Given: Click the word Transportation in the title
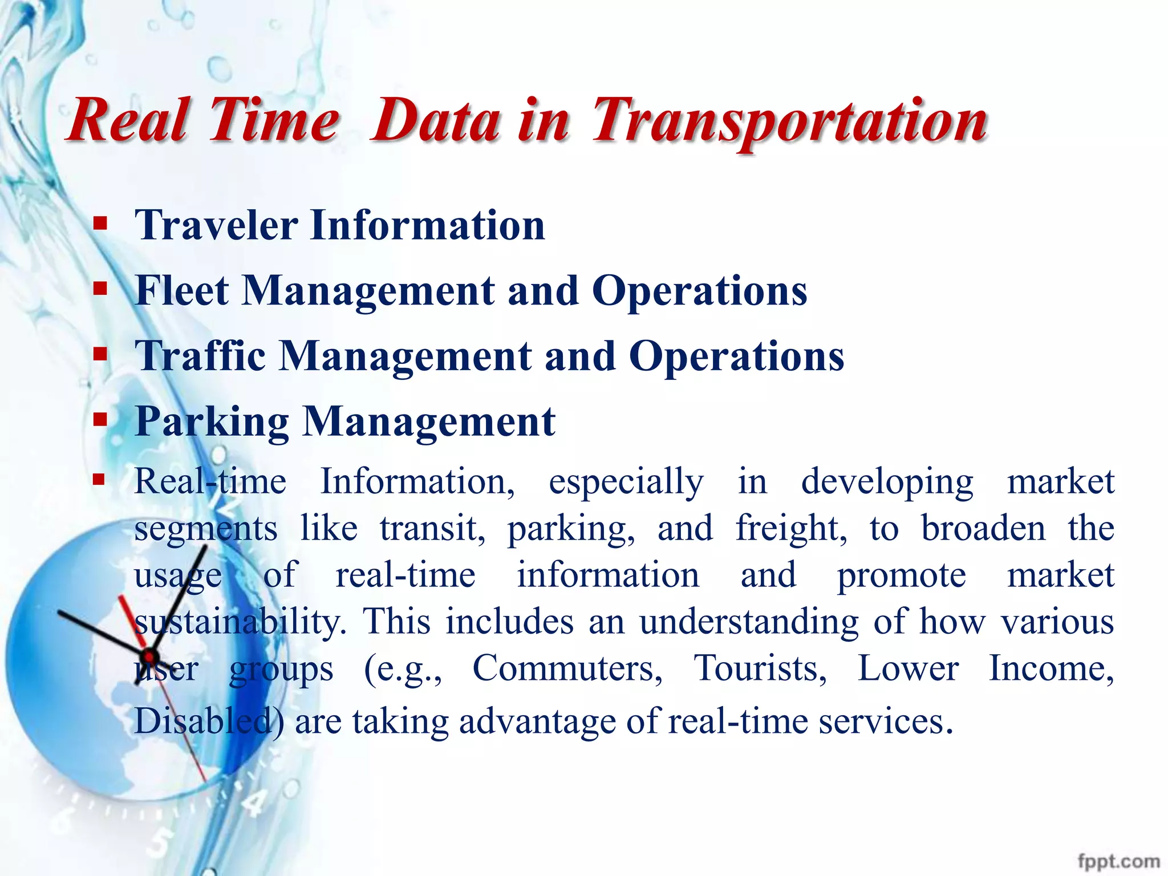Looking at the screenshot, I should pos(789,121).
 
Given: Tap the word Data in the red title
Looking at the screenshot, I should pos(436,121).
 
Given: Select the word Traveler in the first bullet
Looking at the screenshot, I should pos(216,225).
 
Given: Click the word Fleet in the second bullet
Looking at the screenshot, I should pos(182,291).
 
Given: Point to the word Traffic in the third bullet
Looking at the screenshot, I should pos(200,356).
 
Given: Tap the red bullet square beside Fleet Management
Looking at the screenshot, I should pos(100,288).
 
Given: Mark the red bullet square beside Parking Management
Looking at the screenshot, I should pos(100,420).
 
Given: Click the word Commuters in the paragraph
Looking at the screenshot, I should pos(567,668).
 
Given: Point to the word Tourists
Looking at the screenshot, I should pos(760,668).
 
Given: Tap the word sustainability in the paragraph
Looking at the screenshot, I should pos(240,622).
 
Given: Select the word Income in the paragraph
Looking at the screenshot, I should pos(1051,668).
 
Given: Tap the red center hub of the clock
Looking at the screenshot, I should pos(149,655).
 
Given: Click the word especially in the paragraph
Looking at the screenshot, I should pos(626,482).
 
